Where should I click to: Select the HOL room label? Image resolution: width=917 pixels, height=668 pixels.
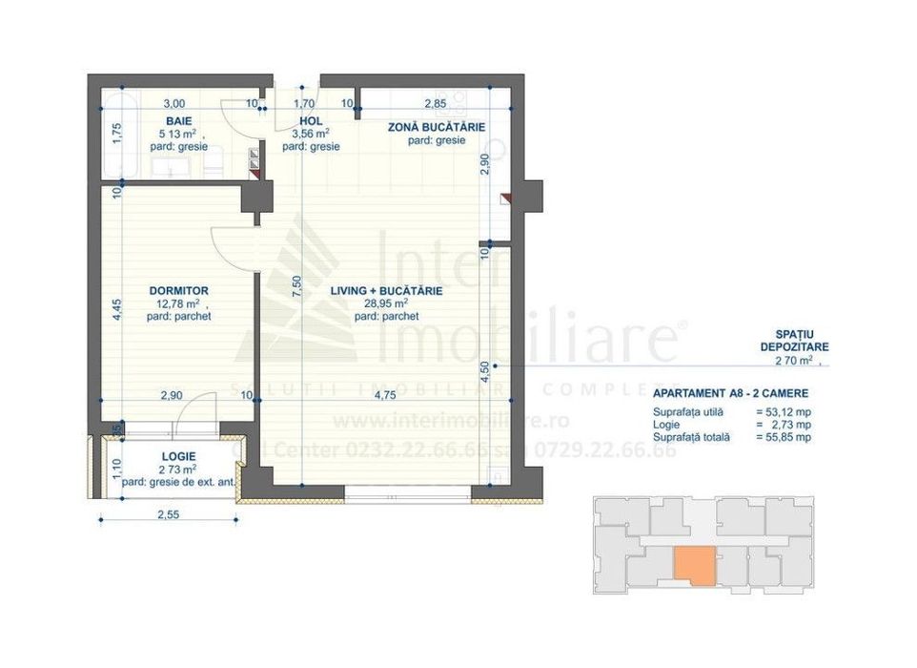[311, 121]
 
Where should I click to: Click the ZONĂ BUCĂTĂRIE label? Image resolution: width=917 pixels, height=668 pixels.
[437, 127]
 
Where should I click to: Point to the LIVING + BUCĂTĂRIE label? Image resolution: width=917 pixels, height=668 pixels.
[386, 290]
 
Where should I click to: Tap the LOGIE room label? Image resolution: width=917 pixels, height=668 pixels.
[178, 456]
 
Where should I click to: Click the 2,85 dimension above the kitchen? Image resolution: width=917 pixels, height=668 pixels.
[436, 103]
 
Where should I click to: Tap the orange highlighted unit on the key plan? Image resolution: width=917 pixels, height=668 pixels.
[694, 563]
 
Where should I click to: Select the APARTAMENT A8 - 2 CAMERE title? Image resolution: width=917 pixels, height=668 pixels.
[731, 394]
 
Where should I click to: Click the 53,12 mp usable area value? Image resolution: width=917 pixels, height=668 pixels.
[785, 411]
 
